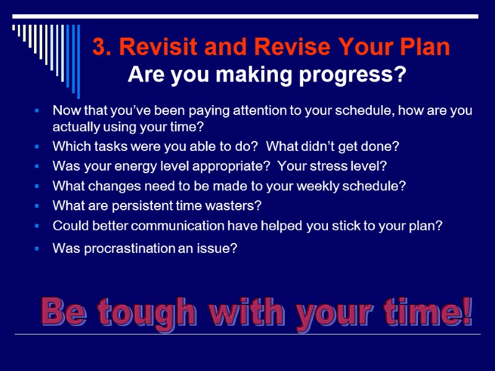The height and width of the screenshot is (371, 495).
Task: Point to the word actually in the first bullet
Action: point(74,127)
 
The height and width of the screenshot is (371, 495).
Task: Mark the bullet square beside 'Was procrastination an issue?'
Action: point(38,249)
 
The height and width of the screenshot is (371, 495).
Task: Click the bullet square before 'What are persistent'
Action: point(38,205)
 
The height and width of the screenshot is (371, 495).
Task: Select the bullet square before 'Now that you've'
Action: point(38,111)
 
